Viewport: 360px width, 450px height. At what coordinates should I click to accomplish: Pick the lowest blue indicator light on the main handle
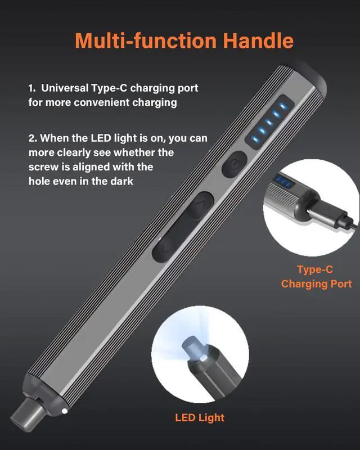(x=259, y=139)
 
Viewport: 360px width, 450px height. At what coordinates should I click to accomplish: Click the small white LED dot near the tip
(x=66, y=412)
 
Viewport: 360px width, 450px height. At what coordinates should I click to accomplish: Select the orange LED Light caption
(x=200, y=417)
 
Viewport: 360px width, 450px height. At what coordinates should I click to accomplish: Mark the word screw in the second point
(x=43, y=167)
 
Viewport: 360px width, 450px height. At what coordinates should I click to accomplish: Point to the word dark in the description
(x=121, y=182)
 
